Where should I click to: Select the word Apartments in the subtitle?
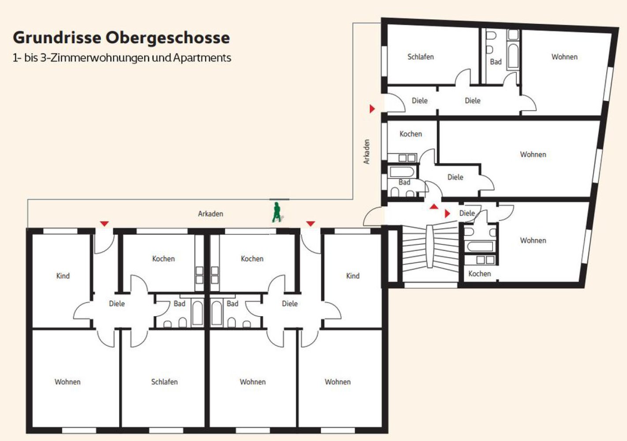(202, 58)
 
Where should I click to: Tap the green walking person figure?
(277, 212)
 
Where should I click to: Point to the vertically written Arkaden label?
(366, 151)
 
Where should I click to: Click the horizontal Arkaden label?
(210, 214)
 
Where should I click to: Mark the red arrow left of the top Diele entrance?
(372, 108)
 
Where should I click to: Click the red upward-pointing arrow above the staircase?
(434, 207)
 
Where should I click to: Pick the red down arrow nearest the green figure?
(310, 224)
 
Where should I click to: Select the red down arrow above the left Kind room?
(104, 224)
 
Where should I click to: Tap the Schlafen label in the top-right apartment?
(421, 57)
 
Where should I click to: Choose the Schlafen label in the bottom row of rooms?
(164, 381)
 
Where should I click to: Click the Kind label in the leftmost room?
(63, 276)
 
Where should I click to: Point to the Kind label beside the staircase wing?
(353, 276)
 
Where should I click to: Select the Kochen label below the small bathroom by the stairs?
(479, 273)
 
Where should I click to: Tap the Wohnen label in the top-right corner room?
(564, 57)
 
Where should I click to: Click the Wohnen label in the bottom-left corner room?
(67, 381)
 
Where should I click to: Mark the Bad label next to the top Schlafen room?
(496, 62)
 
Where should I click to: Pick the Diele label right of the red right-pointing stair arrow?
(467, 213)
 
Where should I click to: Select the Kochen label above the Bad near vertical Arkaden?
(411, 134)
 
